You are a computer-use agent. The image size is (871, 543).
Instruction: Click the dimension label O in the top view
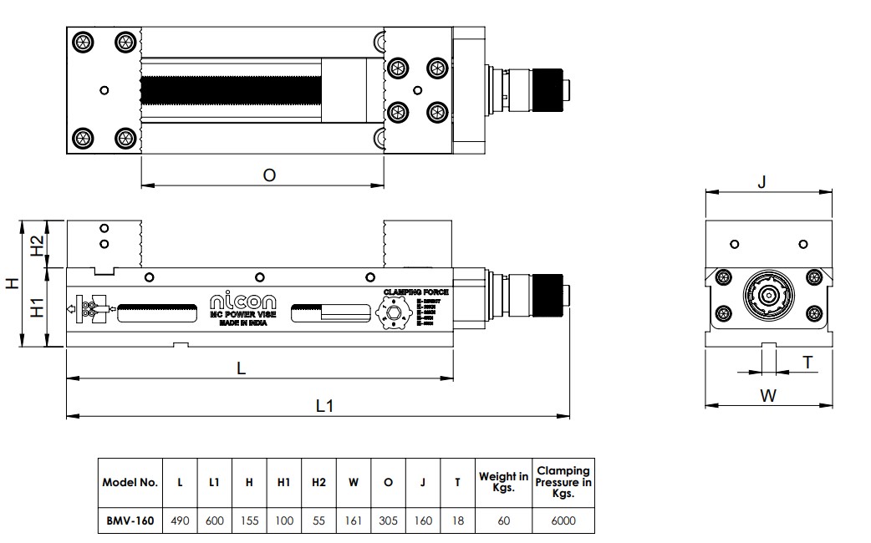[x=269, y=175]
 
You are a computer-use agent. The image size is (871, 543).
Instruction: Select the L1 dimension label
[x=325, y=405]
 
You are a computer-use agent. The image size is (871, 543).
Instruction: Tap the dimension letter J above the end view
[x=761, y=180]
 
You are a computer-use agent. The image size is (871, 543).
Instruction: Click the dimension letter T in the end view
[x=807, y=362]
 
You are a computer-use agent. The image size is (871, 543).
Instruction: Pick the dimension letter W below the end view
[x=768, y=396]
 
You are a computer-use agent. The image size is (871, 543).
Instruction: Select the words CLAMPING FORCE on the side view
[x=415, y=292]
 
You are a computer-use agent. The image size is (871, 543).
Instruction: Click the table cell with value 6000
[x=564, y=520]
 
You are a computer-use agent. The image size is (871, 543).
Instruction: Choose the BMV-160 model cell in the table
[x=130, y=520]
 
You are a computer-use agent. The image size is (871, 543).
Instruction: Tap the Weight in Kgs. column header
[x=503, y=482]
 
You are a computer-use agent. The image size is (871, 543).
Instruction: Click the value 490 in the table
[x=180, y=520]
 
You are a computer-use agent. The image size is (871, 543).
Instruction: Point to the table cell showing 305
[x=388, y=520]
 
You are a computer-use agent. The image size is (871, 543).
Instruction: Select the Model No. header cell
[x=130, y=482]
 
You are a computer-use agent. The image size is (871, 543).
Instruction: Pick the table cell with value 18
[x=457, y=520]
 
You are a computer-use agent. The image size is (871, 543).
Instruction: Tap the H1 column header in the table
[x=283, y=482]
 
